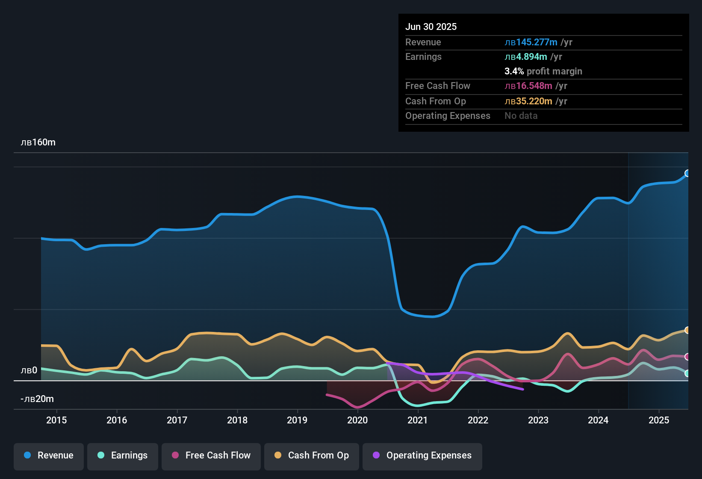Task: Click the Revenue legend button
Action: point(49,455)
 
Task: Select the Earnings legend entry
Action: point(123,455)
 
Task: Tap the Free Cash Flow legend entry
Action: point(211,455)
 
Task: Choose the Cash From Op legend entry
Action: point(312,455)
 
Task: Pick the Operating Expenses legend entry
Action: point(422,455)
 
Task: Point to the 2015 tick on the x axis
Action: point(56,420)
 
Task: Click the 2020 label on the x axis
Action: point(357,420)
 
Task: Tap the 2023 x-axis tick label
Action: point(538,420)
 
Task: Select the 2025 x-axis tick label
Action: point(659,420)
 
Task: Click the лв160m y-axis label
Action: point(38,142)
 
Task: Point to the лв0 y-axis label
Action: point(29,370)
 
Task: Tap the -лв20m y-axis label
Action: point(37,399)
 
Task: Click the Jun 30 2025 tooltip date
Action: point(431,27)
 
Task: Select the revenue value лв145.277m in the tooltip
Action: point(531,42)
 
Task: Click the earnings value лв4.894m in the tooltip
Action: point(526,57)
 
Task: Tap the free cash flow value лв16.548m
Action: point(528,86)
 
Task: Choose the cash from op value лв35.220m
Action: point(528,101)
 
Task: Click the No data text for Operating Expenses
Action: point(521,116)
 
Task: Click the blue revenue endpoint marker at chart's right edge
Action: point(687,173)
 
